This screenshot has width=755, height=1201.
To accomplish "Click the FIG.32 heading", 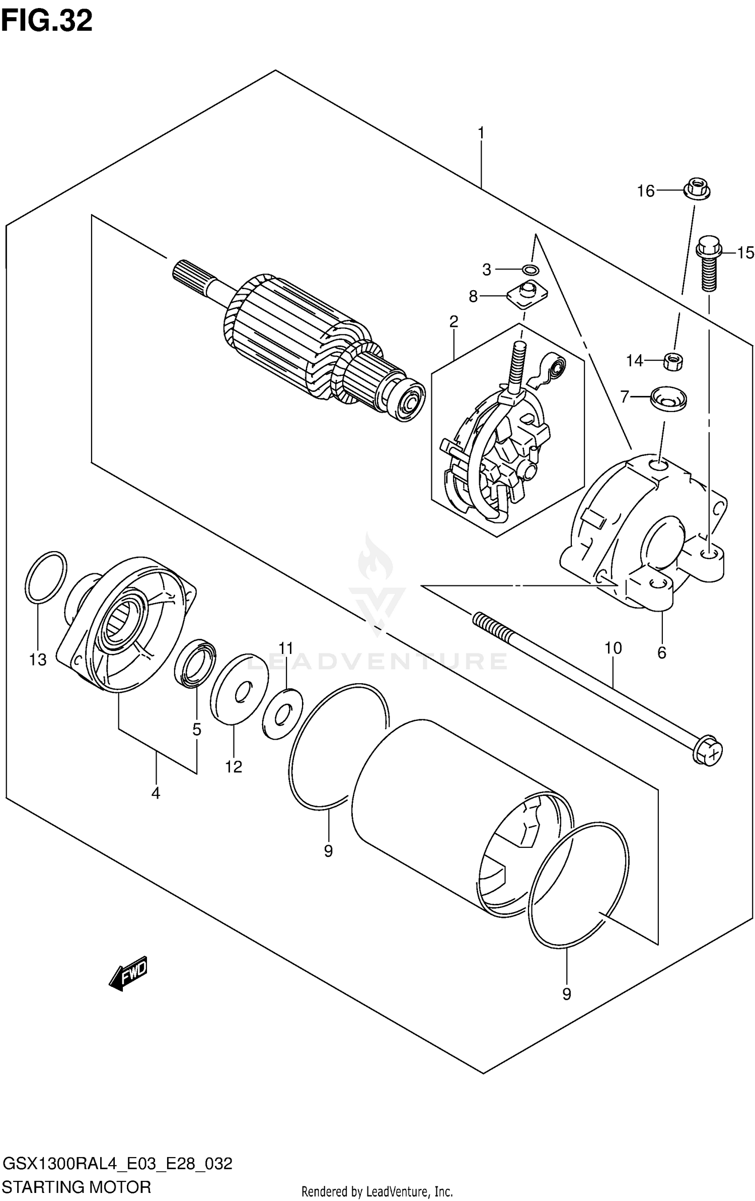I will click(46, 21).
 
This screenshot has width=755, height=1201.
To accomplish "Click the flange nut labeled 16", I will click(697, 189).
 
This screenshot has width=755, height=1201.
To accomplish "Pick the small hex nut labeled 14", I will click(672, 361).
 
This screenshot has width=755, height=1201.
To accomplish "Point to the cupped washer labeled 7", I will click(668, 398).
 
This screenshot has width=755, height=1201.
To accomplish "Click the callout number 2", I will click(454, 321).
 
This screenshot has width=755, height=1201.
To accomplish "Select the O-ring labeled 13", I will click(45, 577).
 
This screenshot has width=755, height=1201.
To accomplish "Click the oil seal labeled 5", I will click(195, 664).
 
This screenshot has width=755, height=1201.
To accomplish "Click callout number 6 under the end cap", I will click(661, 652).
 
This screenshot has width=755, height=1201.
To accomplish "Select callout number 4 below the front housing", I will click(156, 793).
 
